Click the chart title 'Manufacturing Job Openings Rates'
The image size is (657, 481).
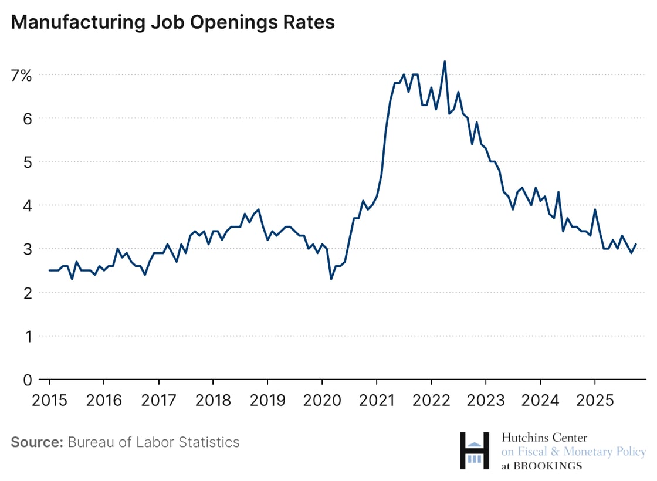(173, 22)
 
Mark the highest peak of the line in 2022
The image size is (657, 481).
(445, 61)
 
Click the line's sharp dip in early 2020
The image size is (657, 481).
(331, 279)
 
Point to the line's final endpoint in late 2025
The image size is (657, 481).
(636, 244)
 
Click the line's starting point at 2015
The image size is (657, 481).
(49, 270)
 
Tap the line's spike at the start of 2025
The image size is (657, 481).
(595, 209)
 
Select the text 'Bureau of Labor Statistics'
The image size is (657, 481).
(154, 442)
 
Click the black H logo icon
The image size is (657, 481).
(474, 450)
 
